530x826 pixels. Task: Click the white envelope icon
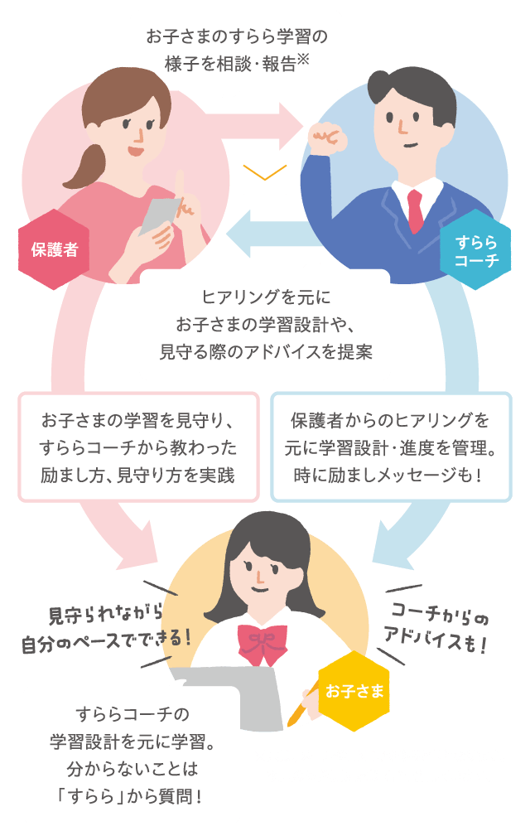[264, 178]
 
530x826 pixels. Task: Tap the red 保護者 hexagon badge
[55, 249]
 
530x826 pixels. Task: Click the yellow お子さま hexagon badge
[354, 690]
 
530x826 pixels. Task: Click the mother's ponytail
[77, 174]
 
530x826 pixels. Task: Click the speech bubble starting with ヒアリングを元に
[265, 323]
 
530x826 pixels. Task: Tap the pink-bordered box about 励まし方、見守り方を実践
[138, 447]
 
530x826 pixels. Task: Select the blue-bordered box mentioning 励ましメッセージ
[391, 447]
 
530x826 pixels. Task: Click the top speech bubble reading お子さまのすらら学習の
[236, 49]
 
